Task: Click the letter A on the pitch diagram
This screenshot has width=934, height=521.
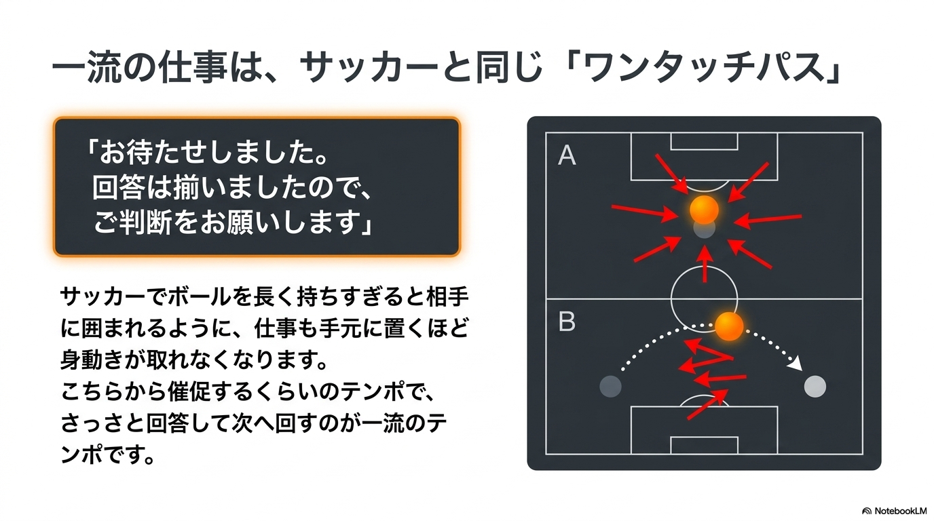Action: click(567, 155)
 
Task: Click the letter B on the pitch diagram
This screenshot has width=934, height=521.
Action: click(567, 322)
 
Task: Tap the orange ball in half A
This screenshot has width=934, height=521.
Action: click(704, 209)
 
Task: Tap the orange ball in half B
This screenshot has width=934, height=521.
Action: click(729, 326)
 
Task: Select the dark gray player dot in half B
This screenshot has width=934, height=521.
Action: click(610, 387)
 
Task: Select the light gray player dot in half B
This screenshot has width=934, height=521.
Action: click(815, 387)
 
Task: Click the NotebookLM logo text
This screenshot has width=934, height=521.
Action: click(900, 511)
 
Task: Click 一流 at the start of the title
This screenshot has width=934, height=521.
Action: click(86, 68)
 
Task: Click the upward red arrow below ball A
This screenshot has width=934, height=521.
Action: click(705, 264)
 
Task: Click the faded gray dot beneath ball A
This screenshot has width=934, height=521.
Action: click(705, 229)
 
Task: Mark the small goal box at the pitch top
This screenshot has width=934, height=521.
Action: click(705, 141)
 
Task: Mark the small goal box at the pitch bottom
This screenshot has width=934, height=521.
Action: click(705, 446)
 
